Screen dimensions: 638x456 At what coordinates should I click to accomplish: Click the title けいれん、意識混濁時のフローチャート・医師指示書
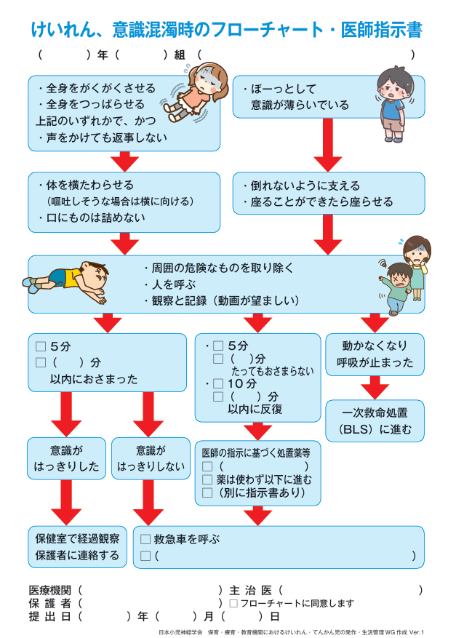coord(227,30)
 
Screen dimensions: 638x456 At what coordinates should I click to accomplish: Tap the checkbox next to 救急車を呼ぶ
coord(145,539)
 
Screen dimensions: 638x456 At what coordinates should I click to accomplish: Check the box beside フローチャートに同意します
coord(233,603)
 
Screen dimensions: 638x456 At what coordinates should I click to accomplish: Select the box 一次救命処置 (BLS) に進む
coord(375,421)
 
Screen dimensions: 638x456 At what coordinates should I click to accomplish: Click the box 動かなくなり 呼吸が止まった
coord(375,354)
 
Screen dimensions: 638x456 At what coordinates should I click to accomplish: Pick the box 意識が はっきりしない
coord(151,458)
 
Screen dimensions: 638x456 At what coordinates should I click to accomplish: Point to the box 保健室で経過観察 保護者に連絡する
coord(77,547)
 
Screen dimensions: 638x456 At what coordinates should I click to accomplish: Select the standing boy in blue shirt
coord(393,105)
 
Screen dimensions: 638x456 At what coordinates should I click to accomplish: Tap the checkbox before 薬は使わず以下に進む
coord(207,479)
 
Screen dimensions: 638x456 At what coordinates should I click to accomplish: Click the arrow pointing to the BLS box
coord(375,386)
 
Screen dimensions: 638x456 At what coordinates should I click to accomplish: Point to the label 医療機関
coord(50,590)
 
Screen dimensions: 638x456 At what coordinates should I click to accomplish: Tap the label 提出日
coord(50,616)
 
